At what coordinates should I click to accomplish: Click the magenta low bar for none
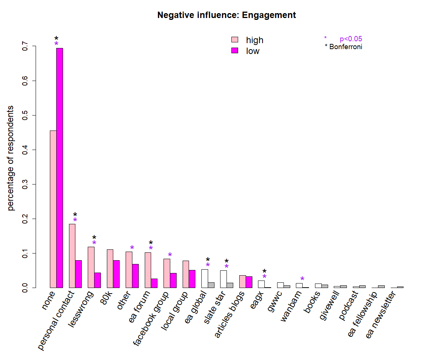[x=60, y=168]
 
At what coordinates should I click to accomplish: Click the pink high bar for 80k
[x=110, y=268]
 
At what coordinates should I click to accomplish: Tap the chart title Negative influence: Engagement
[x=226, y=15]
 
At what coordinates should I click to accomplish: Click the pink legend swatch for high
[x=235, y=40]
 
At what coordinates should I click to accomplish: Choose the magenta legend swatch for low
[x=235, y=51]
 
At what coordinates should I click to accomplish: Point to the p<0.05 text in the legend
[x=351, y=39]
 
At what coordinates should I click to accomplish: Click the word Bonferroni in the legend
[x=346, y=47]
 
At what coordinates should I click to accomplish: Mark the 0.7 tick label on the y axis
[x=25, y=46]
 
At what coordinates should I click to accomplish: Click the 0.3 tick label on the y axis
[x=25, y=184]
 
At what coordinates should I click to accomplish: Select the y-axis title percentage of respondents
[x=11, y=158]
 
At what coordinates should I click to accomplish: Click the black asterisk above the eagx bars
[x=264, y=271]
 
